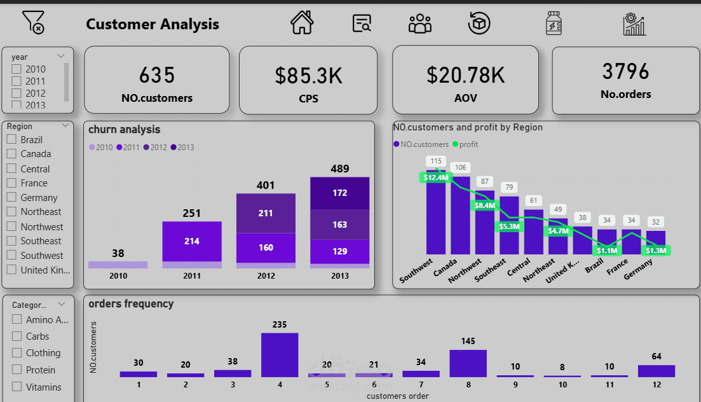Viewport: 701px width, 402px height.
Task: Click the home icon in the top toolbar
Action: [x=302, y=24]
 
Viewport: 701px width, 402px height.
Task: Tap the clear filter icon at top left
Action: [x=33, y=22]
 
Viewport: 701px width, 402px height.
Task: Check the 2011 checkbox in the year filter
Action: [x=17, y=81]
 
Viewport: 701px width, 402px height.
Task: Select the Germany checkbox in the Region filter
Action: [x=11, y=197]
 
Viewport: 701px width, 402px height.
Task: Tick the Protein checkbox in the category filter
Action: [x=17, y=370]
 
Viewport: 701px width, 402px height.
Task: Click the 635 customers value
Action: [x=156, y=75]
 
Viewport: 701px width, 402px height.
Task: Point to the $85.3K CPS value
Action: [x=308, y=76]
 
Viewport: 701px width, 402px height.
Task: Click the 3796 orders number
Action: [x=625, y=72]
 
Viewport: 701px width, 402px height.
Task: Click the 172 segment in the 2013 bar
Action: [x=339, y=193]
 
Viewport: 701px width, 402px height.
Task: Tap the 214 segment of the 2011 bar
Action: [x=192, y=241]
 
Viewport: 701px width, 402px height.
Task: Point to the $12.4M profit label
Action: [x=435, y=177]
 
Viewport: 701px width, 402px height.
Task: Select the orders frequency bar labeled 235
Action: [x=280, y=354]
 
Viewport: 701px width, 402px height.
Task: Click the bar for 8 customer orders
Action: [x=468, y=363]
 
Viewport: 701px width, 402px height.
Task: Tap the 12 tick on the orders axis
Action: [x=656, y=385]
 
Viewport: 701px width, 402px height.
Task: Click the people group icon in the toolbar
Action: [x=419, y=24]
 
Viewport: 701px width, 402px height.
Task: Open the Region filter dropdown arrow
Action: [x=66, y=126]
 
